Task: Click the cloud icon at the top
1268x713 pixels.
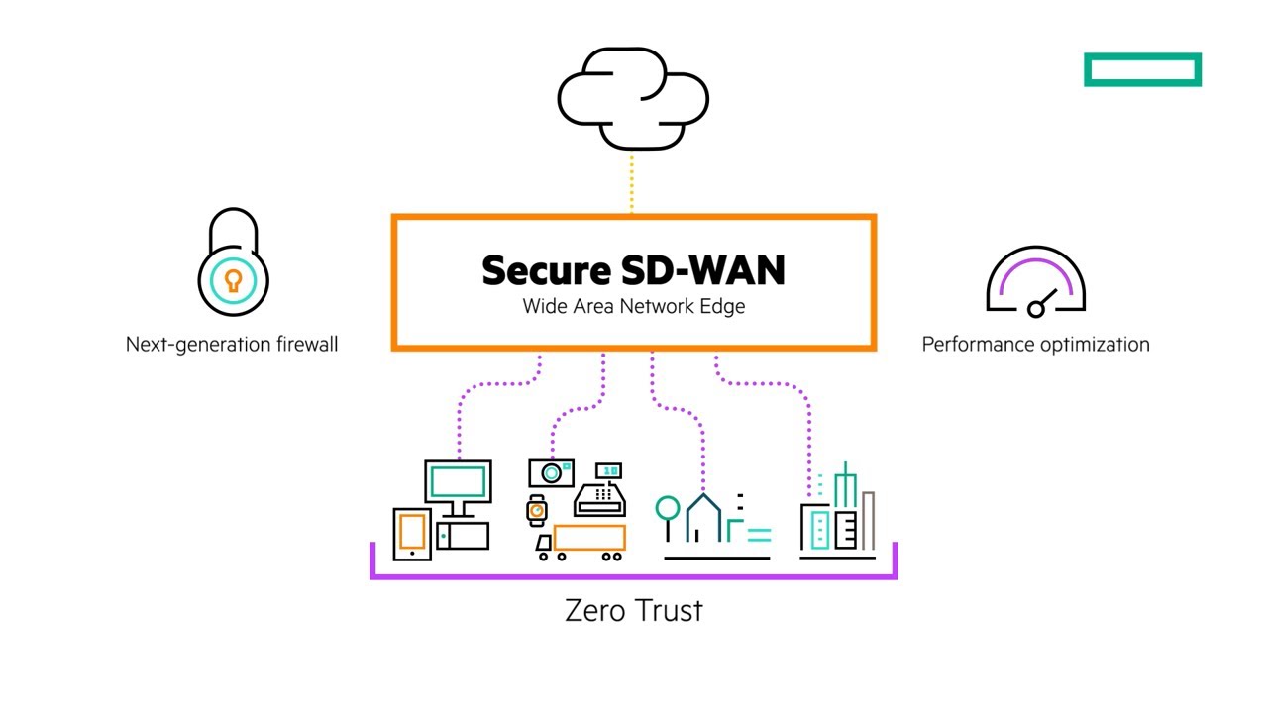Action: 633,97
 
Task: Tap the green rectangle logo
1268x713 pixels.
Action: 1142,70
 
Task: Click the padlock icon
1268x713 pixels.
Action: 233,263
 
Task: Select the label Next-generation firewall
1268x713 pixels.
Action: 232,345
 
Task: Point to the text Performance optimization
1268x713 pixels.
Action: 1035,345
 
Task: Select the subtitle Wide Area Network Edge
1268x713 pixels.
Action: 633,306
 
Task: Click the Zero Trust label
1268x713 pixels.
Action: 633,610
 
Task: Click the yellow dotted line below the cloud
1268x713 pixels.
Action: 632,183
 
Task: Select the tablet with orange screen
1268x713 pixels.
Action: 412,533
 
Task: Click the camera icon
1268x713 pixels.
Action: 551,472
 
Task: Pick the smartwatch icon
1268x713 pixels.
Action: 537,509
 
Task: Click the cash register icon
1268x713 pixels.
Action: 601,490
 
